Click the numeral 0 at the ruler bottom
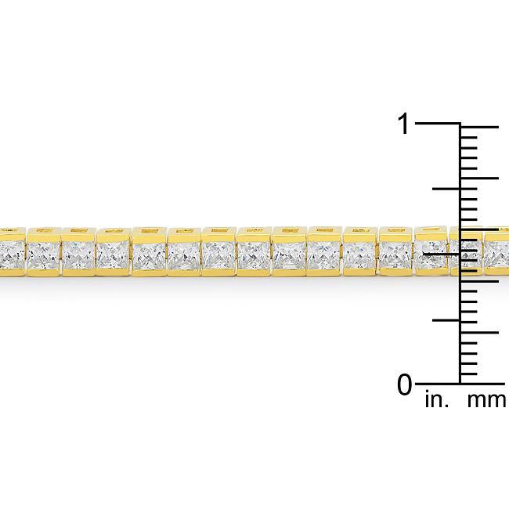click(404, 385)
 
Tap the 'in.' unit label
click(435, 402)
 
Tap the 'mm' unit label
click(486, 402)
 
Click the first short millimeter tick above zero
click(469, 374)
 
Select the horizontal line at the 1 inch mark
click(439, 124)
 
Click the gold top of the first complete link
click(43, 233)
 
